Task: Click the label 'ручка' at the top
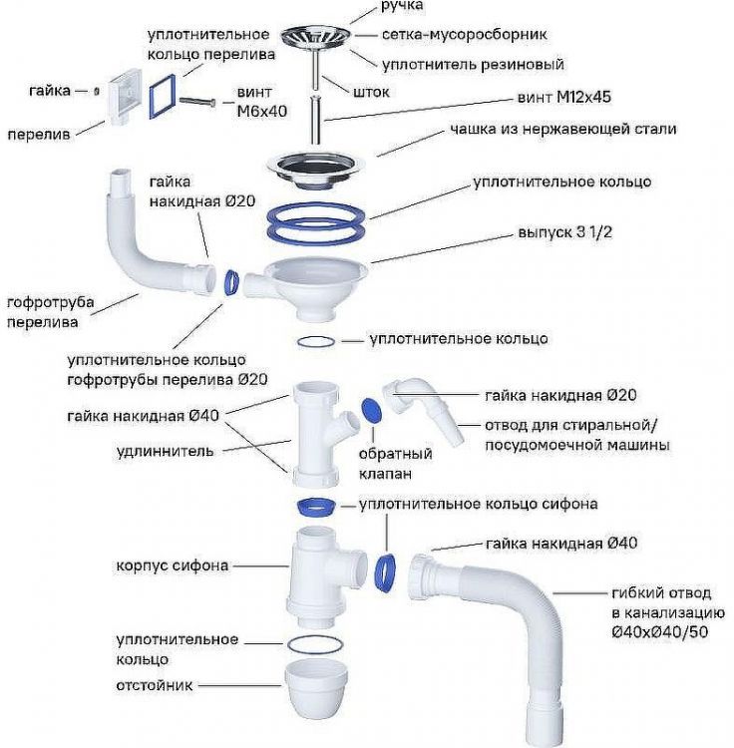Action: [402, 6]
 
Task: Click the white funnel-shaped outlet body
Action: [311, 284]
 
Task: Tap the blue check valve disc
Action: [371, 409]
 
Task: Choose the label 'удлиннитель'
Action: [165, 451]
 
